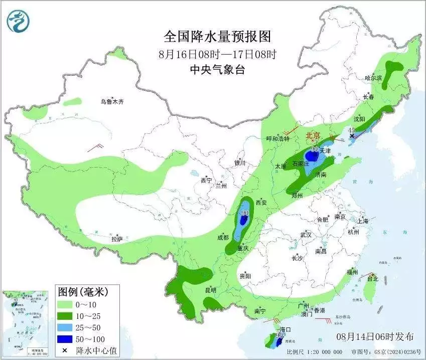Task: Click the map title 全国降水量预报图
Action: tap(217, 37)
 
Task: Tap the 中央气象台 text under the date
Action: tap(217, 70)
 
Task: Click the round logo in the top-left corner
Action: tap(18, 21)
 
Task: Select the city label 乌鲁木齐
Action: tap(111, 102)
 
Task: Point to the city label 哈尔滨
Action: tap(373, 78)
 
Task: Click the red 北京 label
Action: tap(313, 135)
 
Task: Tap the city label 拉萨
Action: tap(116, 239)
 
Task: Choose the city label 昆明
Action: tap(211, 290)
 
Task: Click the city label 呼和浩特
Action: tap(277, 139)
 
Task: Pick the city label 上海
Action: tap(363, 221)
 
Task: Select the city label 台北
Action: tap(372, 279)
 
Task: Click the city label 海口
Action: tap(285, 329)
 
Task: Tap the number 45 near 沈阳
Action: tap(352, 130)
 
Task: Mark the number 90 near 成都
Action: tap(245, 213)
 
